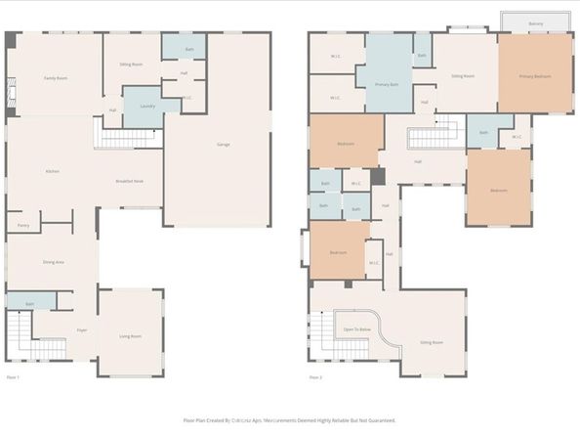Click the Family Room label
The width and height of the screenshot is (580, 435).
(x=55, y=78)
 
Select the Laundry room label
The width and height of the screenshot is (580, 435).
(x=147, y=106)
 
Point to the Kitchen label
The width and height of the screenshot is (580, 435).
(x=53, y=171)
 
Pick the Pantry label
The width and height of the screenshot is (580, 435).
(x=22, y=226)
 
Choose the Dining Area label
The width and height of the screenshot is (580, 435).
(x=54, y=262)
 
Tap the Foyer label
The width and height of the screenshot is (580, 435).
(x=82, y=330)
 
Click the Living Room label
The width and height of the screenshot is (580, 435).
(x=131, y=336)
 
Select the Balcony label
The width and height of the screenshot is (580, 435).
(x=535, y=23)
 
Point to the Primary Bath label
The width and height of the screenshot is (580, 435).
(x=388, y=85)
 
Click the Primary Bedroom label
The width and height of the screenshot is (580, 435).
(x=534, y=76)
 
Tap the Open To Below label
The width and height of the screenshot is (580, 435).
(x=355, y=329)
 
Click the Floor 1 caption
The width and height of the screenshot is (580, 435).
(x=13, y=376)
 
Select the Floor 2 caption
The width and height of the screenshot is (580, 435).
(x=315, y=376)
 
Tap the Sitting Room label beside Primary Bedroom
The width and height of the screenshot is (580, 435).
(x=463, y=76)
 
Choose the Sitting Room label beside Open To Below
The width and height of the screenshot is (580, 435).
(x=431, y=343)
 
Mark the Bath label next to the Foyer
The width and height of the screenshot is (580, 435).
(x=30, y=305)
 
